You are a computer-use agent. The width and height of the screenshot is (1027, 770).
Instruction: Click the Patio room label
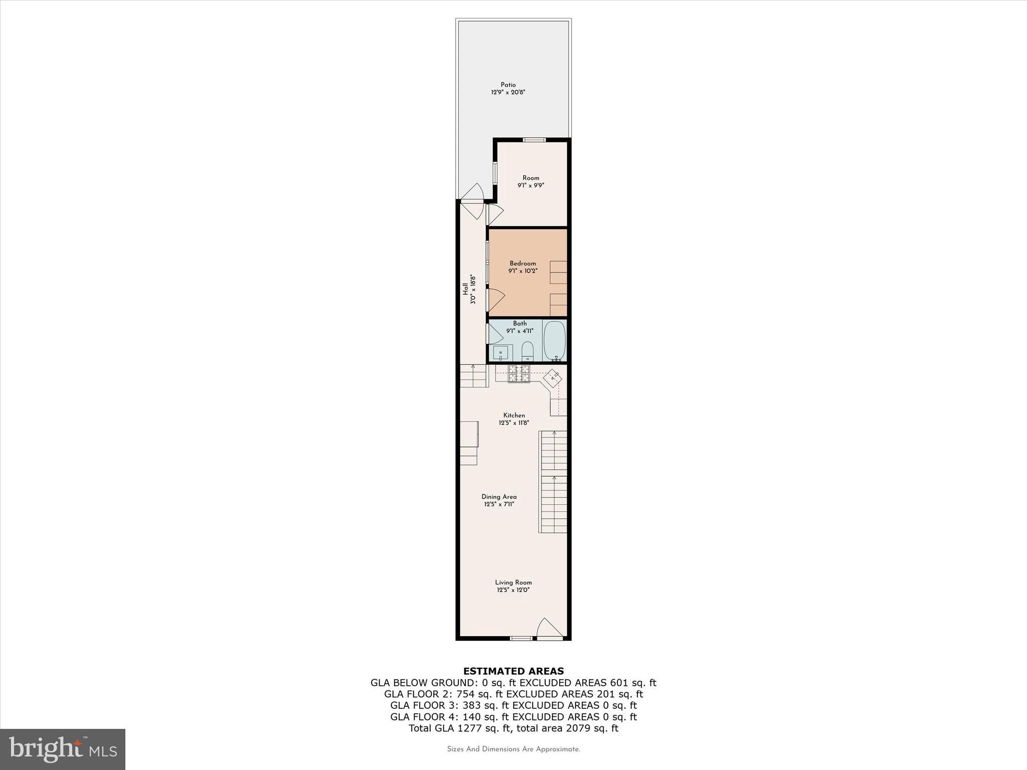508,85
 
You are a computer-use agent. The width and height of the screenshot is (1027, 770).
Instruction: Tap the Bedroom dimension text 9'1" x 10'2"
523,271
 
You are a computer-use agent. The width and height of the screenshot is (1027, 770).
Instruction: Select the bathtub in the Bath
554,340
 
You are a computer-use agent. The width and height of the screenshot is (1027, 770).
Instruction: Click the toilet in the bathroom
527,351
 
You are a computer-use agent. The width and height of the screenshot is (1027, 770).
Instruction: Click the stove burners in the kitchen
519,374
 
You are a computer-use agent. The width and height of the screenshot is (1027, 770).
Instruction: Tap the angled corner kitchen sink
553,377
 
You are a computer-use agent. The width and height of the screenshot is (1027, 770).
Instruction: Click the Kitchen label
514,415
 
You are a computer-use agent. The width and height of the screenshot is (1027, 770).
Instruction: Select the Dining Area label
499,497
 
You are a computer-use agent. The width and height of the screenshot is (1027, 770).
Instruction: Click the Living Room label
513,583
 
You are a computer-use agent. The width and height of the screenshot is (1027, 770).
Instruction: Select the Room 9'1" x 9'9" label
531,181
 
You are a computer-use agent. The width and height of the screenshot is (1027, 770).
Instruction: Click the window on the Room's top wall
534,140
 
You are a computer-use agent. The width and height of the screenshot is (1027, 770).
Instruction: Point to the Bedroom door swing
495,300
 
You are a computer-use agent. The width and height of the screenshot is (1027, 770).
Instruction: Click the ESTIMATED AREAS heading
513,671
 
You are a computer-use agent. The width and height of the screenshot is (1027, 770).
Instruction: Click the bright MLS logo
63,749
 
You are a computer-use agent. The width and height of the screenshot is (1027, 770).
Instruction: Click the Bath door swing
494,333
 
